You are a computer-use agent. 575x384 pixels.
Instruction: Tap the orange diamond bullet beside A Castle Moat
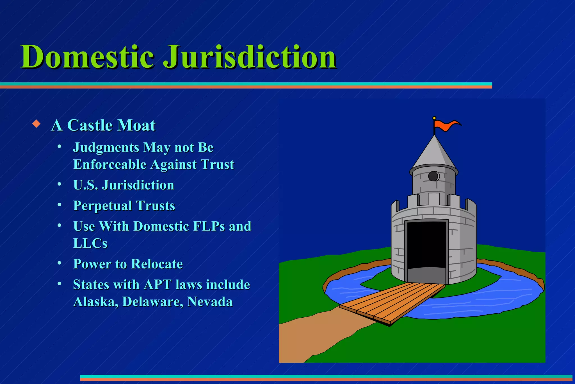pyautogui.click(x=36, y=124)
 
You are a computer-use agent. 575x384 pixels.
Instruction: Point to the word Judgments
pyautogui.click(x=106, y=148)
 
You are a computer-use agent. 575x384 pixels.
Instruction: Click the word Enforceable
pyautogui.click(x=109, y=164)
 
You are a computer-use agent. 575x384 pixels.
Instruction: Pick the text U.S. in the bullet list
pyautogui.click(x=86, y=185)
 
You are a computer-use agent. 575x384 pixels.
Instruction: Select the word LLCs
pyautogui.click(x=90, y=243)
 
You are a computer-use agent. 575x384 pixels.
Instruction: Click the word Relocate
pyautogui.click(x=157, y=264)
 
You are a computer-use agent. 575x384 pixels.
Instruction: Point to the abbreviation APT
pyautogui.click(x=158, y=284)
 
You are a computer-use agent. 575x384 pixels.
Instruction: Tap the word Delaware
pyautogui.click(x=153, y=302)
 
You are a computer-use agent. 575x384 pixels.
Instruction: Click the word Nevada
pyautogui.click(x=210, y=302)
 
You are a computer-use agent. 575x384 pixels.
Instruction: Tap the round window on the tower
pyautogui.click(x=433, y=176)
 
